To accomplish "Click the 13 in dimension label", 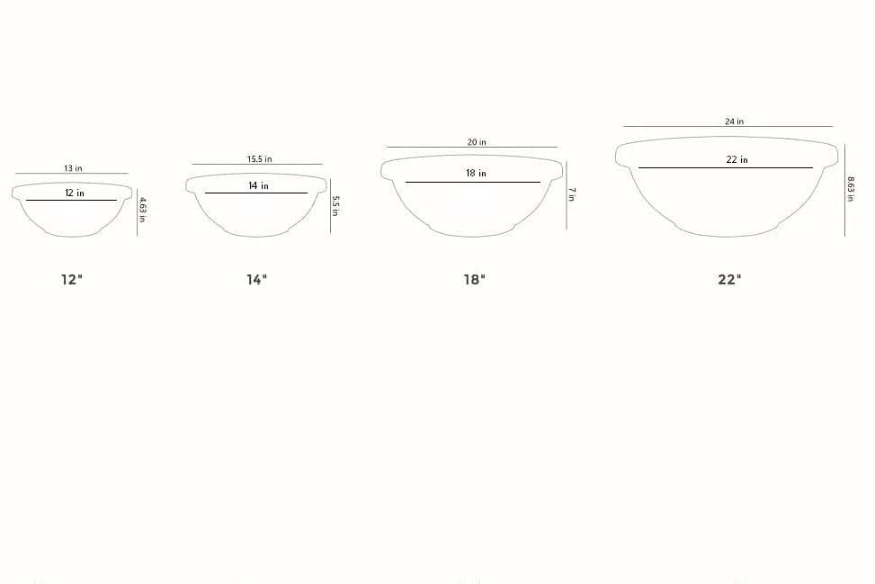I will coord(73,168).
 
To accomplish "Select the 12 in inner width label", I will coord(75,193).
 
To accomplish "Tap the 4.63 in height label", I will coord(143,210).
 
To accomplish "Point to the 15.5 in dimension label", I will coord(260,159).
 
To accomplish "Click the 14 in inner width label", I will coord(258,185).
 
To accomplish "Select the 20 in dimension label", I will coord(477,142).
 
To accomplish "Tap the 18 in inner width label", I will coord(476,173).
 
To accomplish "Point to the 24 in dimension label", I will coord(735,121).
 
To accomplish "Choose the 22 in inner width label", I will coord(737,159).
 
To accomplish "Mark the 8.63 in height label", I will coord(851,187).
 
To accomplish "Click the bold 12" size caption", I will coord(72,279).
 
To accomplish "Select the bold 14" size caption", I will coord(257,279).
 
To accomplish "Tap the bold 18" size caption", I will coord(474,279).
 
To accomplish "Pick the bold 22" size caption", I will coord(729,279).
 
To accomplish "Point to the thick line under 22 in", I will coord(725,167).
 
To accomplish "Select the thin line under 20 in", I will coord(472,148).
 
